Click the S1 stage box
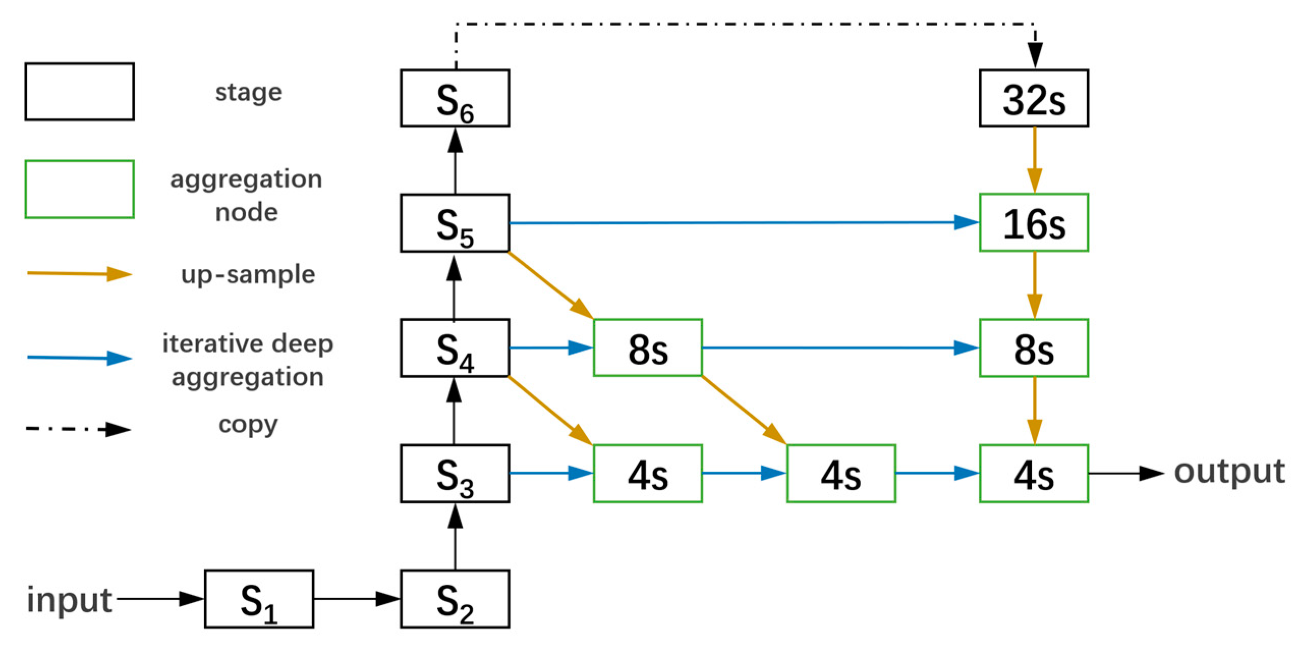tap(259, 599)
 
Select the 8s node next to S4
tap(647, 348)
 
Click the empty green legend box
tap(79, 189)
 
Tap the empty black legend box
tap(79, 92)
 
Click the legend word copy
tap(248, 425)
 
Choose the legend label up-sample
tap(248, 275)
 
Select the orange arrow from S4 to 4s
tap(550, 410)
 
